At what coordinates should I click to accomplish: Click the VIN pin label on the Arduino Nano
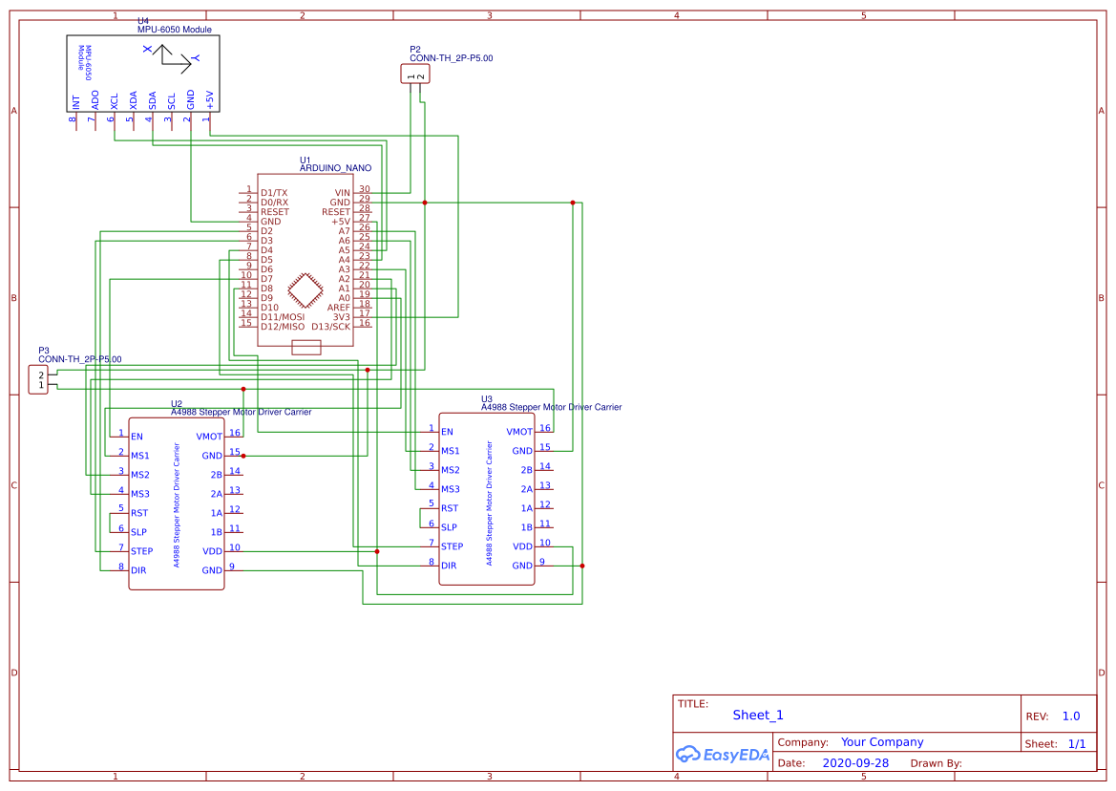click(342, 193)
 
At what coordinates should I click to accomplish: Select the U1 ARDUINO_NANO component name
click(335, 168)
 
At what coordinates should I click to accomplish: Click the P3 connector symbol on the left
click(38, 380)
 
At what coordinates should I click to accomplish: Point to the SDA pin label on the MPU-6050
click(152, 100)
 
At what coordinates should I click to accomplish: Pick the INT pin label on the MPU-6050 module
click(75, 101)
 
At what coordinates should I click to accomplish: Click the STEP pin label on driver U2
click(141, 551)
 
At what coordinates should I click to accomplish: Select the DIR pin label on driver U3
click(449, 566)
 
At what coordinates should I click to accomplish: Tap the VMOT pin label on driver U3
click(519, 432)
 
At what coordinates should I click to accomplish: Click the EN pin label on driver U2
click(137, 437)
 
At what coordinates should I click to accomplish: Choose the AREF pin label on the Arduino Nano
click(339, 308)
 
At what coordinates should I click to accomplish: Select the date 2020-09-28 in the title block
click(855, 763)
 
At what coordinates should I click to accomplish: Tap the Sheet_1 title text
click(758, 716)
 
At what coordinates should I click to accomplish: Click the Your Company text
click(882, 742)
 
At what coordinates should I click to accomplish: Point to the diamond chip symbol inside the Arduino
click(305, 290)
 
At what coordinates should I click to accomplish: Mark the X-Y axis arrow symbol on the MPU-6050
click(171, 59)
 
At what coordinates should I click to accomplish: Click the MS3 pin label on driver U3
click(451, 489)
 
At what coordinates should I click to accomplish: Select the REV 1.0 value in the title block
click(1071, 716)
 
